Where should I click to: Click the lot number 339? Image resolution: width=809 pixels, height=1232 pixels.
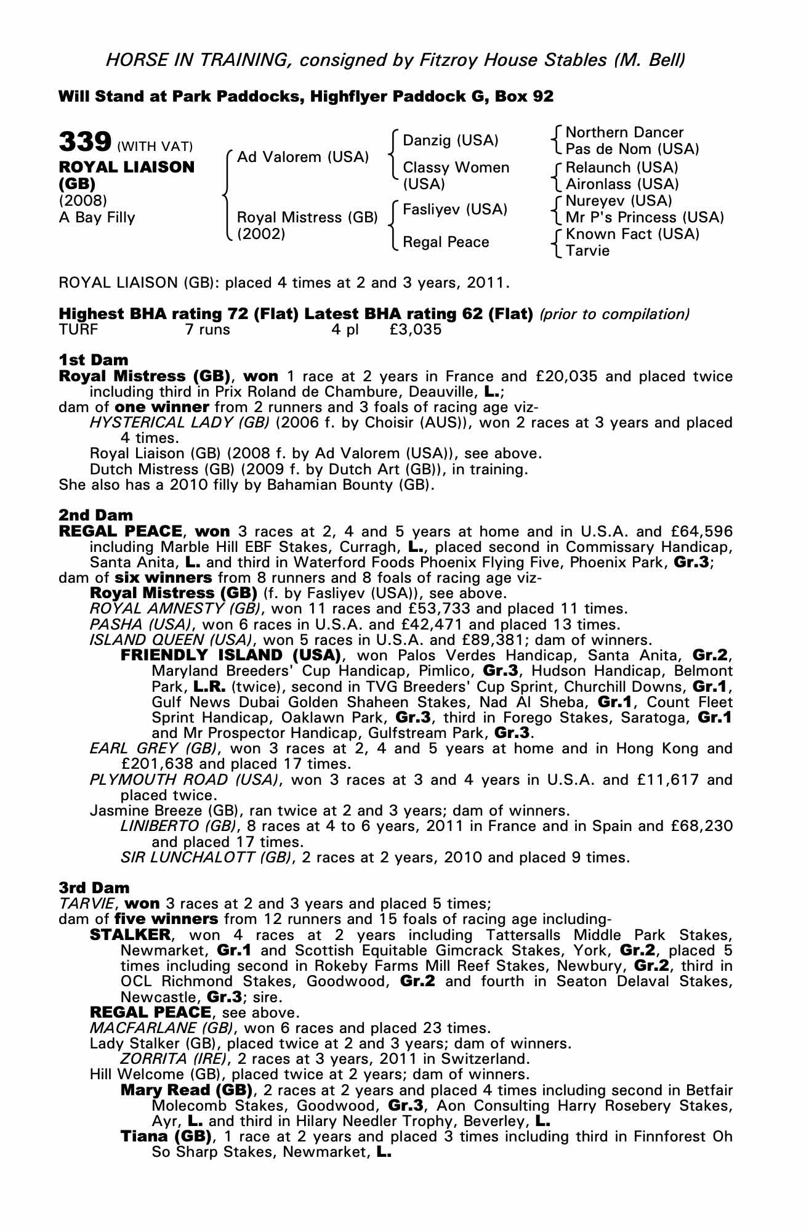(x=84, y=142)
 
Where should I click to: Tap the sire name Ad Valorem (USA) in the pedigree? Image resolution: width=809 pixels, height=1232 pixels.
(x=303, y=157)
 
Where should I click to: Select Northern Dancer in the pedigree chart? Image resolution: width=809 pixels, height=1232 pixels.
(x=624, y=132)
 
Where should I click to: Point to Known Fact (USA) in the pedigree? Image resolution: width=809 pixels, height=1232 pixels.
(x=632, y=234)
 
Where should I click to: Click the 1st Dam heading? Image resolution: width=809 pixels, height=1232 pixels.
(x=94, y=360)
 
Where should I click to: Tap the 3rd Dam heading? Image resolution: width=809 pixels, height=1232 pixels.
(x=94, y=888)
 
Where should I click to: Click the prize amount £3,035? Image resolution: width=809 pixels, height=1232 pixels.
(x=416, y=330)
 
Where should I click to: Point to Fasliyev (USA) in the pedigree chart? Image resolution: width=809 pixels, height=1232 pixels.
(x=454, y=209)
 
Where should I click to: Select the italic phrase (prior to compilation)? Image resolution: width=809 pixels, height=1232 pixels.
(x=614, y=314)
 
